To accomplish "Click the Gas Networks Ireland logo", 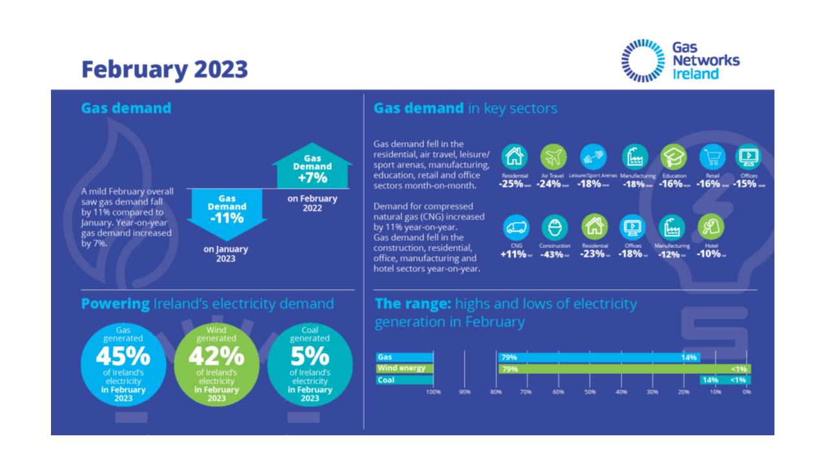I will pos(680,61).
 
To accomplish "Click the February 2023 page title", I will pos(165,69).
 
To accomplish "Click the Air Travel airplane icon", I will pos(553,157).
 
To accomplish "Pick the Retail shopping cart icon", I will pos(712,157).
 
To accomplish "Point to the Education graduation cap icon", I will pos(674,157).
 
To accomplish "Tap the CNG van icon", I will pos(516,227).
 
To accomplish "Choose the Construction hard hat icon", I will pos(554,227).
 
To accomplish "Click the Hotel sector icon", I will pos(711,227).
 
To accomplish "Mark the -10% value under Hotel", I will pos(709,254).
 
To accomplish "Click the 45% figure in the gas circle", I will pos(123,356).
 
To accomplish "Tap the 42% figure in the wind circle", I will pos(216,356).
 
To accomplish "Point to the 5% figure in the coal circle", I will pos(310,356).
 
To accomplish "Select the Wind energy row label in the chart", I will pos(401,368).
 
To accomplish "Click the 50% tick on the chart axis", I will pos(590,392).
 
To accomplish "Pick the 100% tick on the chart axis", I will pos(434,392).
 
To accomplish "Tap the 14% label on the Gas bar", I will pos(689,357).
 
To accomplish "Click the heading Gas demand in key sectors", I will pos(465,108).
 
